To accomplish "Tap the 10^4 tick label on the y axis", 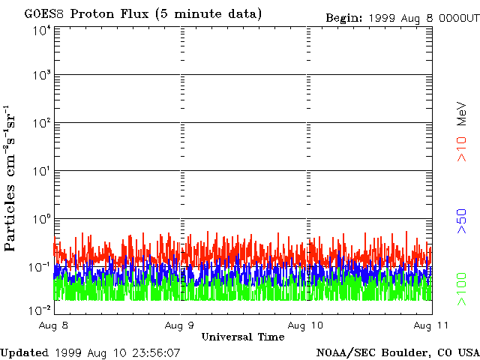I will (x=41, y=31).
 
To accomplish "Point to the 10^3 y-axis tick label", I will (x=41, y=76).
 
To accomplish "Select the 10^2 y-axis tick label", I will (x=41, y=124).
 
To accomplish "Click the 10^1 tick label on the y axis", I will (x=41, y=172).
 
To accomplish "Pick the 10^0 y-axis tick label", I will (x=41, y=220).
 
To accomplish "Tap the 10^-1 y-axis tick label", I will (x=40, y=268).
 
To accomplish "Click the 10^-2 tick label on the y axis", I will (x=40, y=308).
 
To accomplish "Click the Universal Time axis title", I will (x=242, y=337).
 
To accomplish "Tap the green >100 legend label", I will (x=463, y=289).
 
